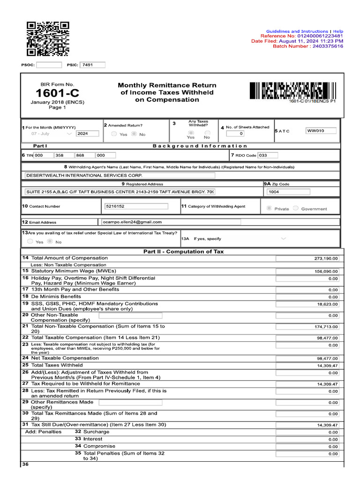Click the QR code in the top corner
click(48, 39)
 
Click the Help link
click(338, 31)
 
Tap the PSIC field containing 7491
click(92, 65)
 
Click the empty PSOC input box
click(49, 65)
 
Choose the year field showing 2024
click(88, 134)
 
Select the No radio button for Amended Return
click(134, 134)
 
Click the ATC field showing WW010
click(321, 131)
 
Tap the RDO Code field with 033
click(267, 155)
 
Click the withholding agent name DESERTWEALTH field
click(120, 175)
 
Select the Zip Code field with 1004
click(288, 192)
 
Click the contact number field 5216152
click(135, 206)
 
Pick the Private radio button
click(269, 209)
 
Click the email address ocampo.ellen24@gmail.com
click(171, 222)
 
